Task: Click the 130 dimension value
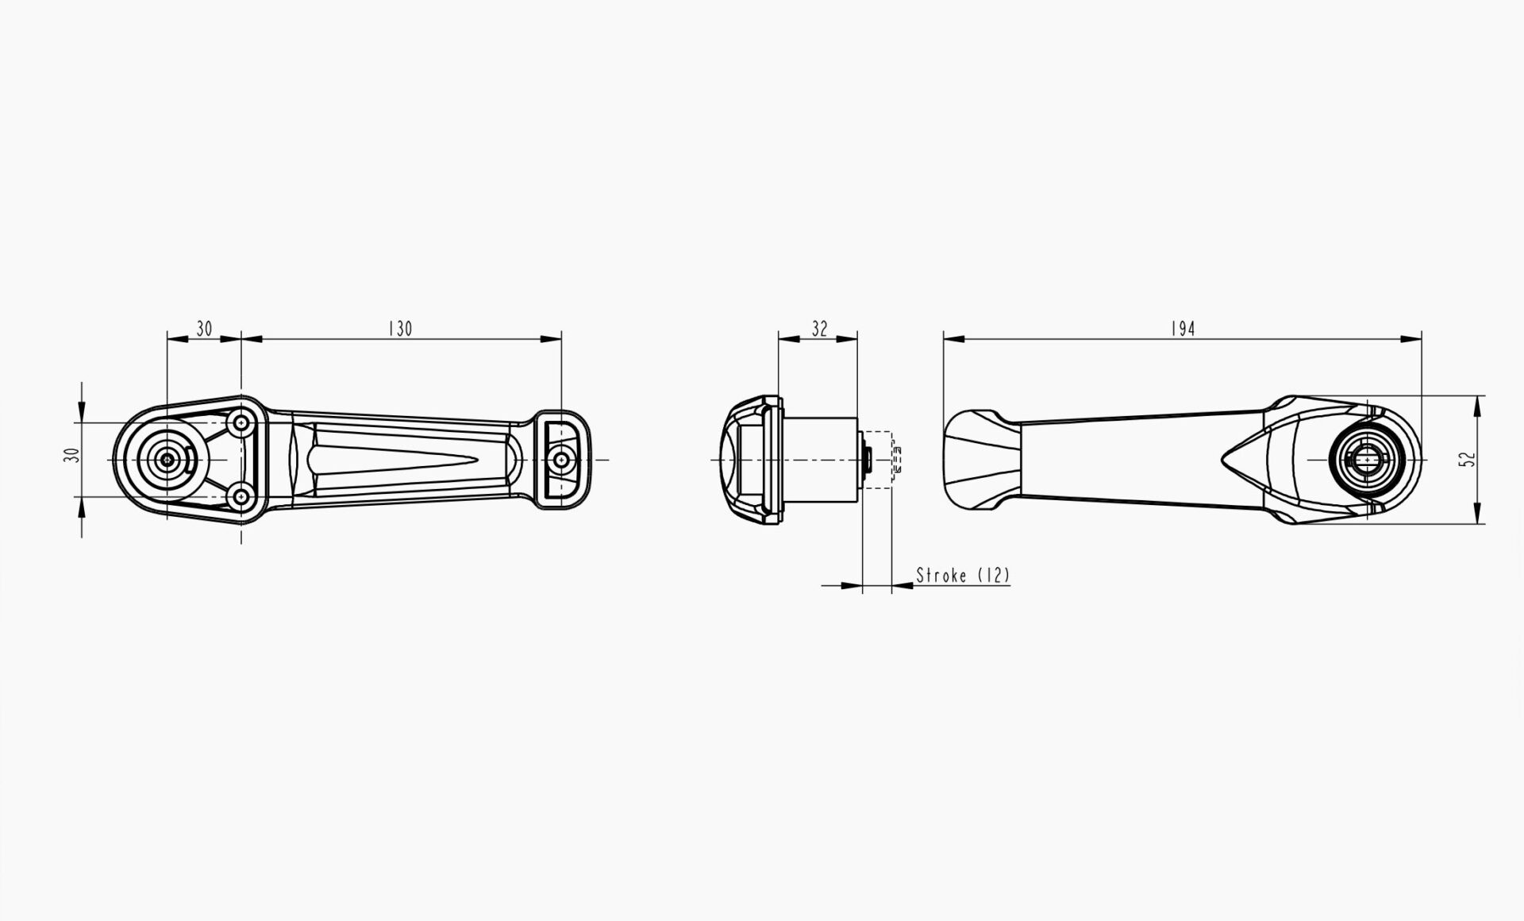(x=400, y=329)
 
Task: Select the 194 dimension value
(x=1183, y=329)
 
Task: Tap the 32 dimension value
(x=819, y=329)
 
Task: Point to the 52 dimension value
(x=1469, y=460)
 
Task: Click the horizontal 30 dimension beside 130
(x=204, y=329)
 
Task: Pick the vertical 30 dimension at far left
(x=72, y=456)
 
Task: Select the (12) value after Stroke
(x=993, y=575)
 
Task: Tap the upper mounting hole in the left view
(x=241, y=423)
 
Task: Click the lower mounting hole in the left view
(x=241, y=498)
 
